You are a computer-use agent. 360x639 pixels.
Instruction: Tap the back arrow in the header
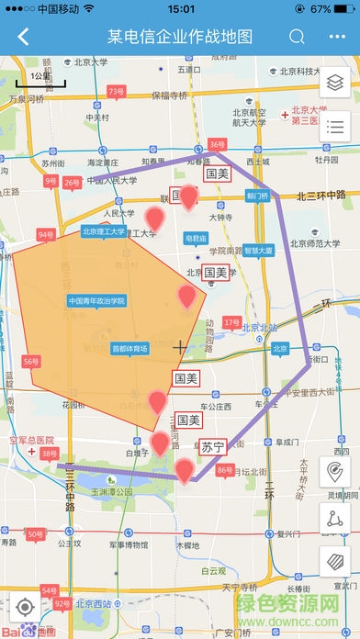23,38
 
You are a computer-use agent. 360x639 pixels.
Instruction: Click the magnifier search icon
297,38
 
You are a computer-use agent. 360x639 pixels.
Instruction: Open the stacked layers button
334,82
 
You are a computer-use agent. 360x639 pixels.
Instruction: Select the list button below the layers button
334,127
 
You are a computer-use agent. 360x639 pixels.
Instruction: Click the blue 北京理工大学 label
103,231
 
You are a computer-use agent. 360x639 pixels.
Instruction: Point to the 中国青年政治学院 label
96,300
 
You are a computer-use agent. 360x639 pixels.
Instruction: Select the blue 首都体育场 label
129,349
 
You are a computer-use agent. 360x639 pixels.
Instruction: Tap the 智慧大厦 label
259,250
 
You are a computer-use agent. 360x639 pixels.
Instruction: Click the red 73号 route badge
116,92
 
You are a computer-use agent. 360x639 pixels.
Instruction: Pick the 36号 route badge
217,144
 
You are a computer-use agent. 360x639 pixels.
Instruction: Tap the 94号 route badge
46,235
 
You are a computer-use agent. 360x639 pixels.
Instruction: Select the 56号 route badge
31,362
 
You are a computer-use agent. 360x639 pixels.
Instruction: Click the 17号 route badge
231,322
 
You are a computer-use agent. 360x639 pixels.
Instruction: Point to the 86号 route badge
224,470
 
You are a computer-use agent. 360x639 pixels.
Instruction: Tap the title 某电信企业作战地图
180,38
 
